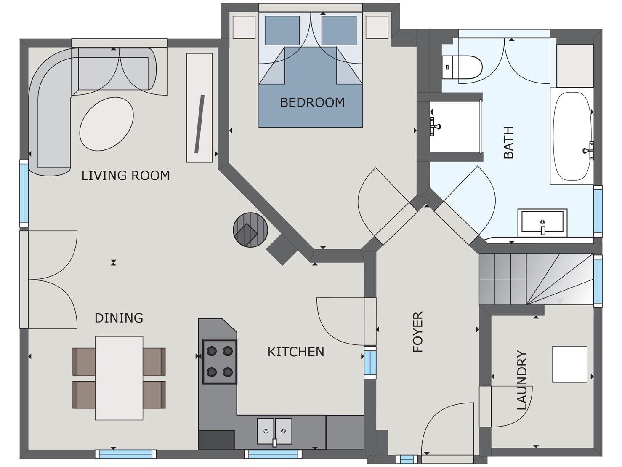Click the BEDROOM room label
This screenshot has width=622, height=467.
pyautogui.click(x=312, y=102)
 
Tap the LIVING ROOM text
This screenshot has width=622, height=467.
pyautogui.click(x=125, y=176)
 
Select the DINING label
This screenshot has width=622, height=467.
pyautogui.click(x=119, y=318)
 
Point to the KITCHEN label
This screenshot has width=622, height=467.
pyautogui.click(x=296, y=352)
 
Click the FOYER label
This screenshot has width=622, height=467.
pyautogui.click(x=417, y=332)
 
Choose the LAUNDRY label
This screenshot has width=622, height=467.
pyautogui.click(x=522, y=380)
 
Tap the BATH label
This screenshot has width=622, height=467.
pyautogui.click(x=509, y=142)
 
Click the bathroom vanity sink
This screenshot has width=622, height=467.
pyautogui.click(x=542, y=222)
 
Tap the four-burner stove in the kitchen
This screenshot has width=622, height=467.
pyautogui.click(x=219, y=361)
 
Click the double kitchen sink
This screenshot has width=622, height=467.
pyautogui.click(x=274, y=431)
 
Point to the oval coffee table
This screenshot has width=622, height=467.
pyautogui.click(x=106, y=123)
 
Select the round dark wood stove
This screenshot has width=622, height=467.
pyautogui.click(x=251, y=229)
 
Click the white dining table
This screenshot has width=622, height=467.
pyautogui.click(x=119, y=378)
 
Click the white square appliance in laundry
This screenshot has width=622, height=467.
pyautogui.click(x=569, y=364)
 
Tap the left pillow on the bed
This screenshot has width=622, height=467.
pyautogui.click(x=282, y=30)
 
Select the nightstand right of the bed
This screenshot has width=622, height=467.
pyautogui.click(x=377, y=27)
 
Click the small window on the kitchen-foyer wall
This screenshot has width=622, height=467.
pyautogui.click(x=370, y=362)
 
